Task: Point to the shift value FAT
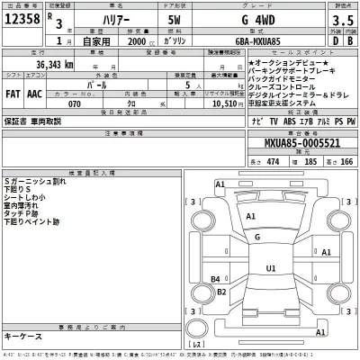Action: pos(15,92)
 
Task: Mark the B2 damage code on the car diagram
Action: pos(215,279)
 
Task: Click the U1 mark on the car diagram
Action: pos(269,269)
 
